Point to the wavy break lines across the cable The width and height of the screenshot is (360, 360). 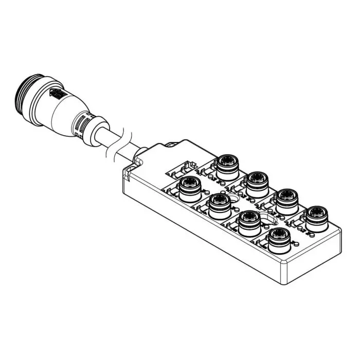(x=119, y=141)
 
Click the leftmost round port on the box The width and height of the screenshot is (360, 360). (x=189, y=187)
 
